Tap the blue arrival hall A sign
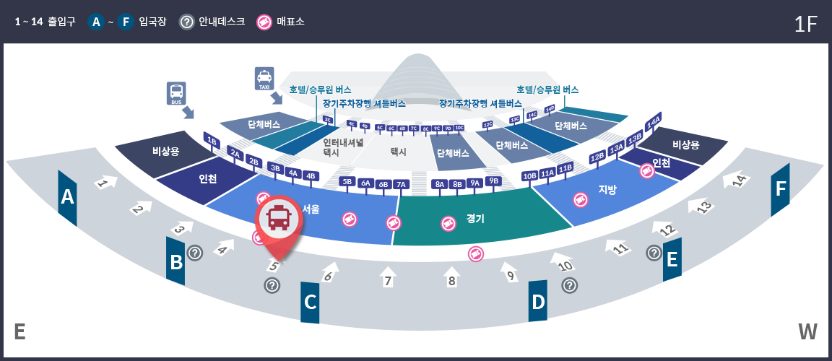(x=68, y=196)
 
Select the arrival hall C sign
(x=310, y=301)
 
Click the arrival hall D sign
(x=538, y=301)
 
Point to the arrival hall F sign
(x=780, y=189)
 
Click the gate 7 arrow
(x=388, y=278)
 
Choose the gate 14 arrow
(x=737, y=180)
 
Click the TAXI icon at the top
(x=264, y=78)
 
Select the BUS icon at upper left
(x=176, y=93)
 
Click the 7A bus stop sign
(x=402, y=184)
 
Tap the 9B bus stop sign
(x=493, y=180)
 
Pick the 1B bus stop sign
(x=212, y=141)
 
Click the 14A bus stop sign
(x=653, y=121)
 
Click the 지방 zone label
(x=607, y=190)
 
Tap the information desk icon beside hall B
(x=195, y=253)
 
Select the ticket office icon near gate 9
(x=475, y=253)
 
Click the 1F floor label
(x=805, y=24)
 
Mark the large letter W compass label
(x=807, y=332)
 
